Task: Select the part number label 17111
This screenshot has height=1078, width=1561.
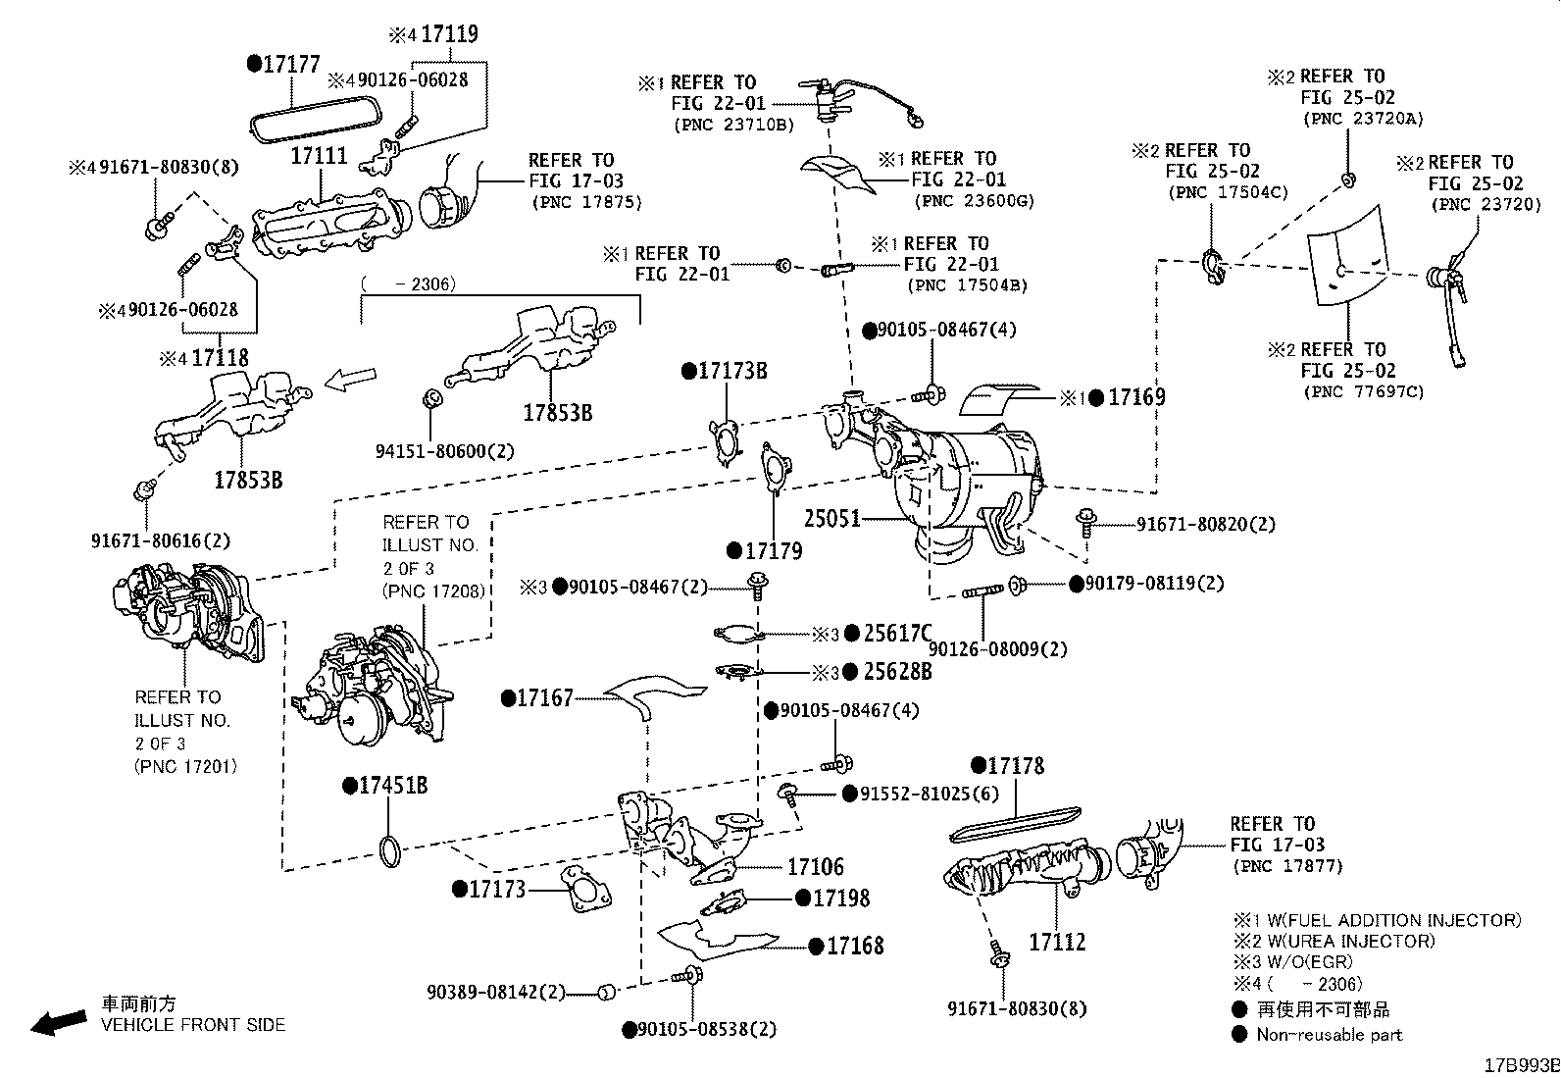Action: click(x=319, y=157)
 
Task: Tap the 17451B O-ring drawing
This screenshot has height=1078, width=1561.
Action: click(x=389, y=852)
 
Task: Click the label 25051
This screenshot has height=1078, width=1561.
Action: click(x=831, y=518)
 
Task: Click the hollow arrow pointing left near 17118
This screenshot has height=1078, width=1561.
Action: click(x=350, y=380)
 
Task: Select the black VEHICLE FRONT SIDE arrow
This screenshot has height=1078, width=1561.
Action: click(x=58, y=1022)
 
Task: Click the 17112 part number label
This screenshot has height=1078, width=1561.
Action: click(x=1057, y=943)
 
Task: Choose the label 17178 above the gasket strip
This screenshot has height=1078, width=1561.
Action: click(x=1015, y=766)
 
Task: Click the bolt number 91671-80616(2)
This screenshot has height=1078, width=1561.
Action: click(x=160, y=540)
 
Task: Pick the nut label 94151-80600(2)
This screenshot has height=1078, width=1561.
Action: click(x=444, y=452)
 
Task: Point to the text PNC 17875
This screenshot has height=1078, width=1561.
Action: click(x=585, y=203)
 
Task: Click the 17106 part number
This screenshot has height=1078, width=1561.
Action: click(x=815, y=867)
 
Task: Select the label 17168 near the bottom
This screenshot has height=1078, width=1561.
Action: click(x=854, y=946)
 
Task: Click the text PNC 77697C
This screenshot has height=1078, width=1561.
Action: click(x=1364, y=392)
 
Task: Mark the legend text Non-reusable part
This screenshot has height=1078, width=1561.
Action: click(x=1329, y=1035)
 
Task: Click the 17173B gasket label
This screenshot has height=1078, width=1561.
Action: click(x=730, y=371)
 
